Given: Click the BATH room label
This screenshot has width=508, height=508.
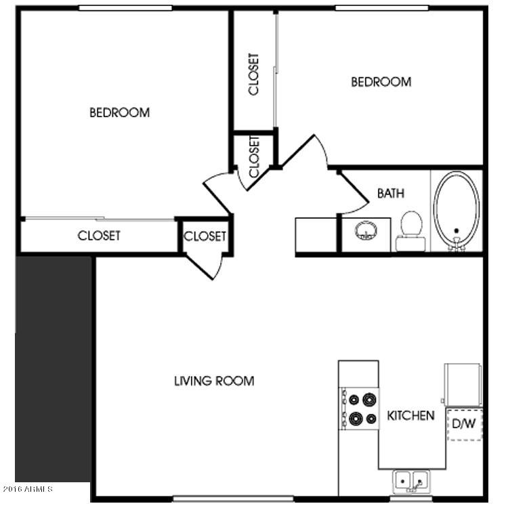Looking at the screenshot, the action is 391,194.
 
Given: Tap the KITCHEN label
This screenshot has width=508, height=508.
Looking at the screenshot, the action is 410,416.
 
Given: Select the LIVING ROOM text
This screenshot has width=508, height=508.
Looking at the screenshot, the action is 214,381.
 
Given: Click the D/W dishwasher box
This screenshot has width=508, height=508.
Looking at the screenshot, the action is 465,425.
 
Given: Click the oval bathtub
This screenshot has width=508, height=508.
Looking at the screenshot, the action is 457,210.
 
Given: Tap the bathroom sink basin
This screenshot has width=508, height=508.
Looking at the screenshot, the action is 366,231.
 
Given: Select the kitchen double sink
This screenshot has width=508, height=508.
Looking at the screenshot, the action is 411,482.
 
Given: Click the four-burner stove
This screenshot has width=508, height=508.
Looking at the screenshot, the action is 359,409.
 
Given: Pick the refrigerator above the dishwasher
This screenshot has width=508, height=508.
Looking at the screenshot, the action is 463,385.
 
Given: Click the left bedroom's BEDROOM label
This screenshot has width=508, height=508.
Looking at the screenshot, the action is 119,112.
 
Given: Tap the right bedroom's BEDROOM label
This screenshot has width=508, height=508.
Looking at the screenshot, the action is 381,82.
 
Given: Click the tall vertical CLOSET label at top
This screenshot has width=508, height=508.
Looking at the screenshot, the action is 254,75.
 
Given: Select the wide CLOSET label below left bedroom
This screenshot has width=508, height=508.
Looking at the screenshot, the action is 99,236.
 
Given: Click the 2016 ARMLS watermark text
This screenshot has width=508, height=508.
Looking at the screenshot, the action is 28,488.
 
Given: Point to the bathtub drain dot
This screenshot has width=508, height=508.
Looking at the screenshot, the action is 457,231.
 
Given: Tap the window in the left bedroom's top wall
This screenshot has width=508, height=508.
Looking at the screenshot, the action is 125,7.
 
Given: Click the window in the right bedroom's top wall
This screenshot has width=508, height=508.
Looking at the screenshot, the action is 381,7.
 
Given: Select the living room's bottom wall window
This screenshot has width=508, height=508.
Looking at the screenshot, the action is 233,499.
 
